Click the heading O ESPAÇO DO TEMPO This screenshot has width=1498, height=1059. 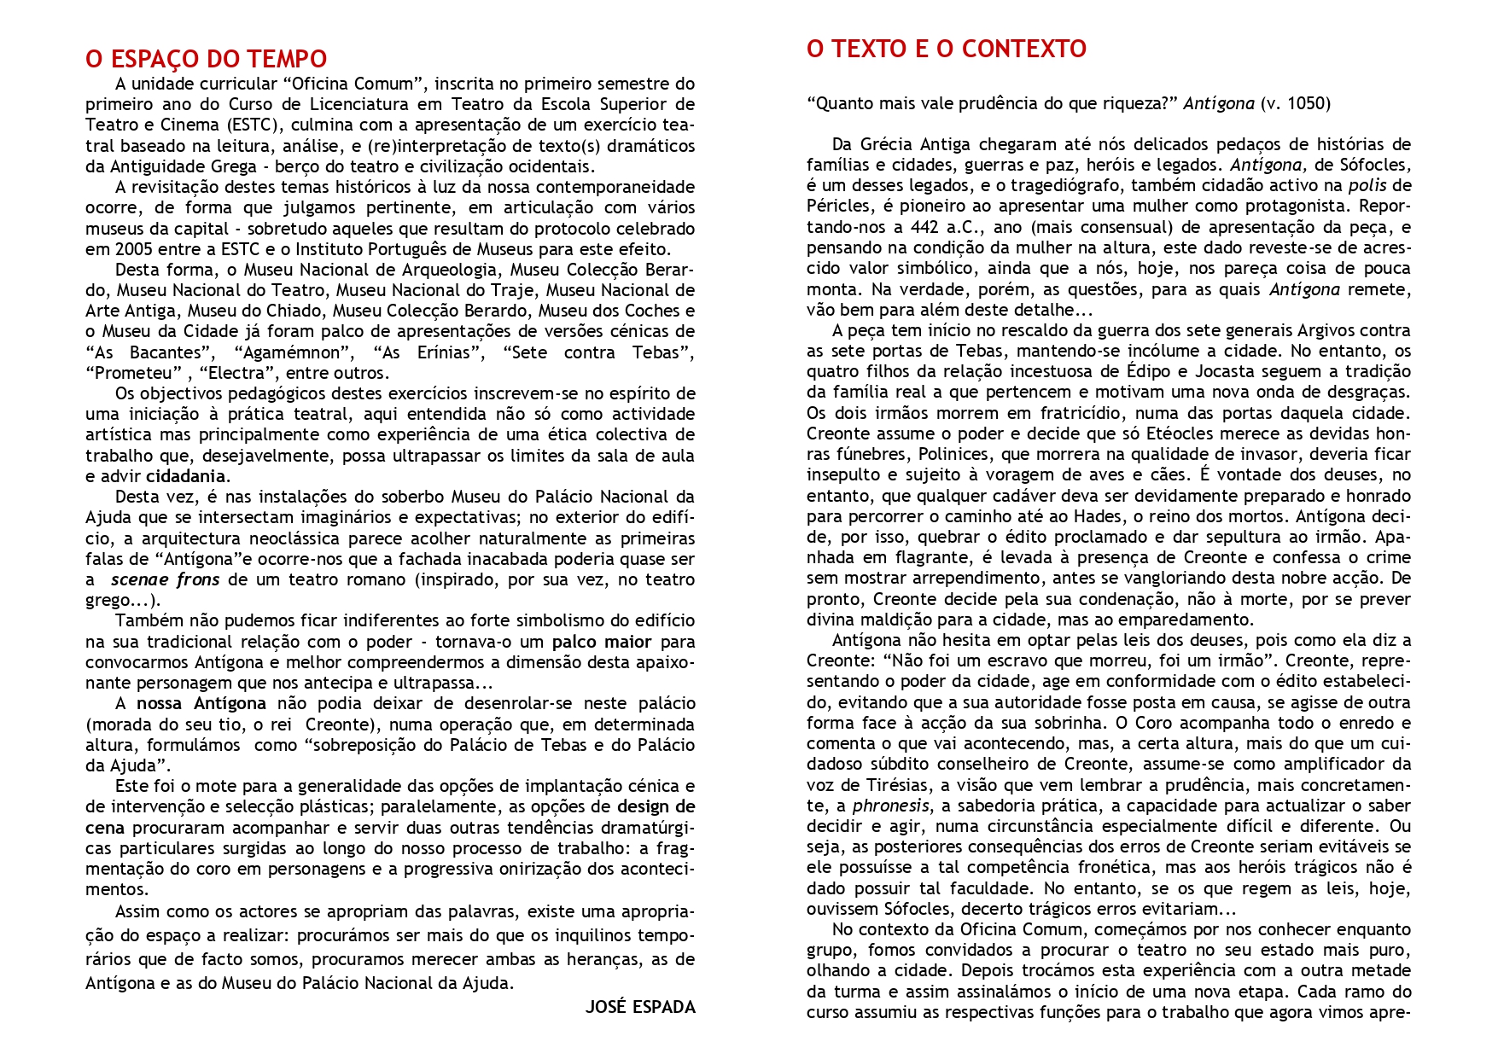(206, 59)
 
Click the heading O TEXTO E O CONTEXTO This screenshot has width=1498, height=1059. (946, 49)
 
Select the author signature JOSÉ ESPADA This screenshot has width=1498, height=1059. (640, 1007)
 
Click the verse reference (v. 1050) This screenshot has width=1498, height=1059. (1295, 104)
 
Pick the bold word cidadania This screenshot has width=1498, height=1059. (186, 476)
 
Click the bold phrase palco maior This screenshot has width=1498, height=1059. (602, 642)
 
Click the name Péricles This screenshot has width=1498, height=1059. (836, 207)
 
